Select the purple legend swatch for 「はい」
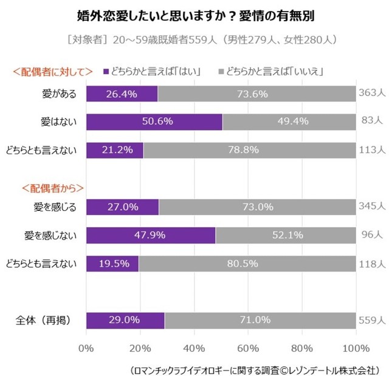[106, 71]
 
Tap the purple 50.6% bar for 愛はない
[154, 121]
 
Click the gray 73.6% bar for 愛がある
[256, 94]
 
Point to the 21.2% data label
[115, 149]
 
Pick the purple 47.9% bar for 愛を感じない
[151, 235]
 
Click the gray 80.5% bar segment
[247, 263]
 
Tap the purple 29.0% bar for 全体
[125, 320]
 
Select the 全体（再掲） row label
[49, 320]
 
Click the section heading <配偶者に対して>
[53, 72]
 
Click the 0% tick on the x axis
[86, 348]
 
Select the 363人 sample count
[372, 94]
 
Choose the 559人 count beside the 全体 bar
[372, 320]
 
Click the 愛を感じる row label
[55, 207]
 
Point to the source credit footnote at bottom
[255, 367]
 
